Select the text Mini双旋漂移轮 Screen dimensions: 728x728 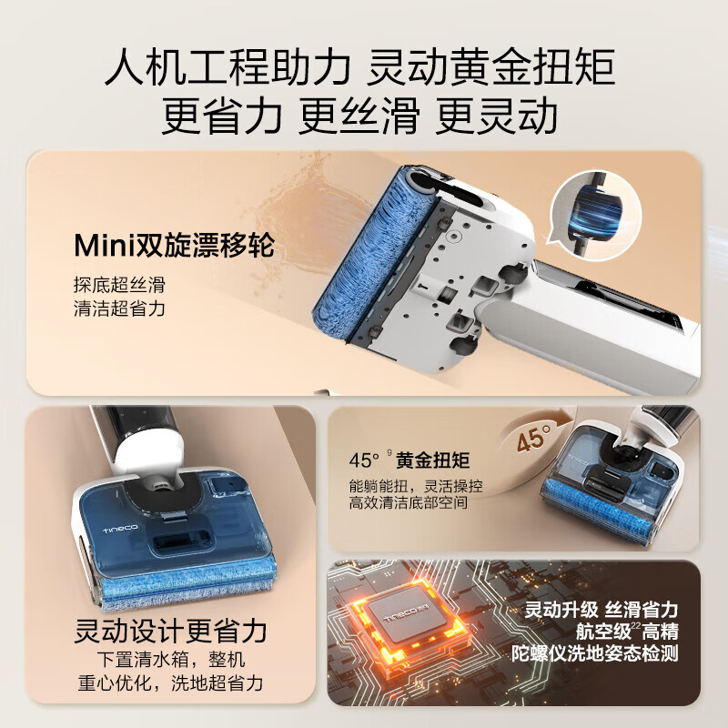click(174, 246)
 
